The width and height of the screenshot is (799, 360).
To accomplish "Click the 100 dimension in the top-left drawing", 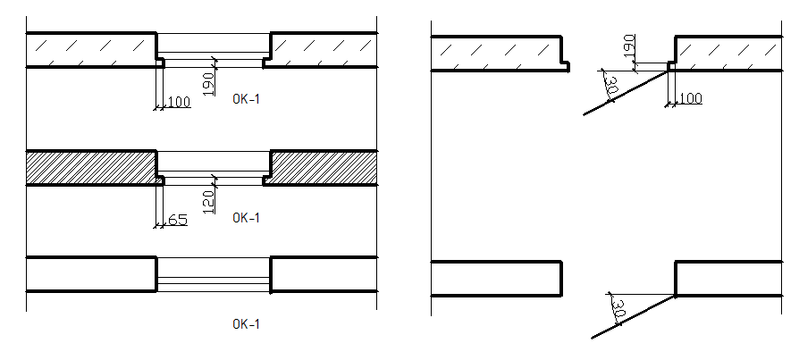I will click(179, 102).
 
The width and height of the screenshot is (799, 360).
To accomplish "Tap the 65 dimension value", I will click(177, 218).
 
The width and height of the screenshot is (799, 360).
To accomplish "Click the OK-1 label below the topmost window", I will click(246, 98).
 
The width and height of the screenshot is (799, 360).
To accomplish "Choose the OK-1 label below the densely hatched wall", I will click(246, 217).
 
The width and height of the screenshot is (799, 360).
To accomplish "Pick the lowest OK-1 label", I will click(246, 324).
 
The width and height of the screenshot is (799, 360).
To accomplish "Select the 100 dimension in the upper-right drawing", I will click(690, 97).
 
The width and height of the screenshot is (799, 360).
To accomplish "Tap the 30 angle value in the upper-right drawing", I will click(611, 88).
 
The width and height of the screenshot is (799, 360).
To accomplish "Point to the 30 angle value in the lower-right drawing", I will click(617, 311).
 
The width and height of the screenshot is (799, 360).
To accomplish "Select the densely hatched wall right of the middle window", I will click(322, 167).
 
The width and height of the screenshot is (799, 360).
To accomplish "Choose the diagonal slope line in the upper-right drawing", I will click(626, 93).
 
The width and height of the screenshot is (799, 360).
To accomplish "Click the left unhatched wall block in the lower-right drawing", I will click(496, 278).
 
